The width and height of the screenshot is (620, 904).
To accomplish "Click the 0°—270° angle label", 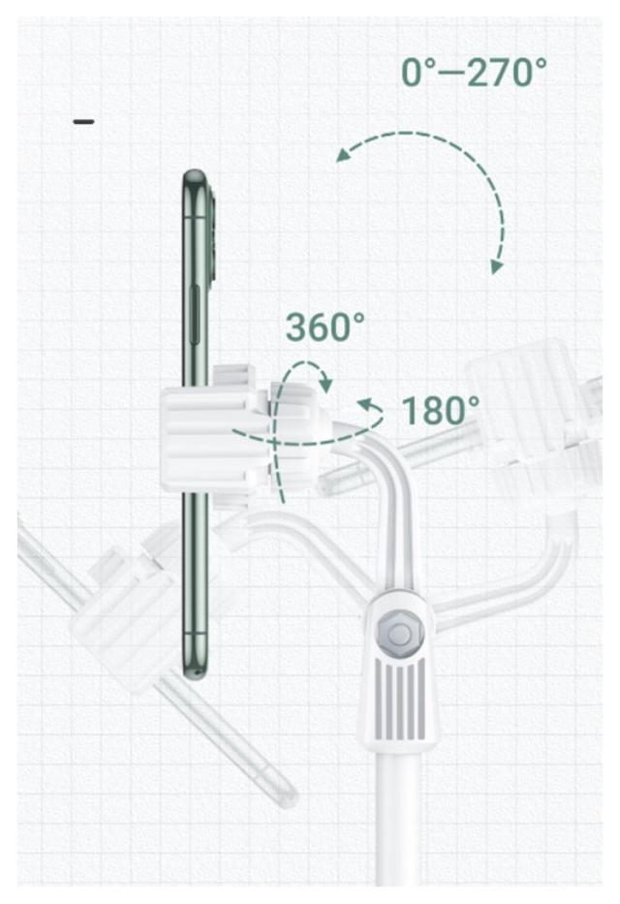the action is pos(474,72).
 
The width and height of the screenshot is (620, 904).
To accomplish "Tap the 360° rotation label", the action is pos(325,327).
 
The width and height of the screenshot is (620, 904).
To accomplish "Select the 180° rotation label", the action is pos(440,410).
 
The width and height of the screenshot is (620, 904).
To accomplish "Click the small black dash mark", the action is pos(83,122).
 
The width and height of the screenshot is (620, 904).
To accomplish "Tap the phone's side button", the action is pos(195,315).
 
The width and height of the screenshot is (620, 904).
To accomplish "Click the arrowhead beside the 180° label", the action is pos(365,405).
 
